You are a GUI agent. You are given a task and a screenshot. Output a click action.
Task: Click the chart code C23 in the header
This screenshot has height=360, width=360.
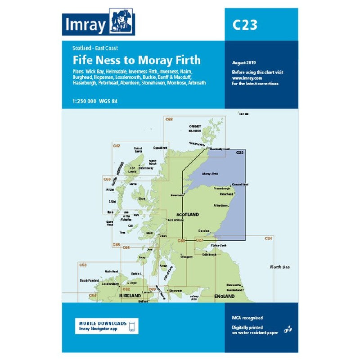coord(245,25)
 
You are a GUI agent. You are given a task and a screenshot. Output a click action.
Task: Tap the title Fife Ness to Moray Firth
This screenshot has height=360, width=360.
coord(137,60)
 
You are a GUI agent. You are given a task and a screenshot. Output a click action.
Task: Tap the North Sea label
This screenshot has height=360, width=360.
coord(279,267)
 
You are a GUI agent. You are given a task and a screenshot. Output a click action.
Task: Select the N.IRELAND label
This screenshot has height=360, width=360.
coord(130,296)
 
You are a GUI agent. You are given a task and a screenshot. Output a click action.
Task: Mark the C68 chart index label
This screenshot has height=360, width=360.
coord(169,119)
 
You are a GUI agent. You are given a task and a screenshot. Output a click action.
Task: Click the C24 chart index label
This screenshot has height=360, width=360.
coord(268,238)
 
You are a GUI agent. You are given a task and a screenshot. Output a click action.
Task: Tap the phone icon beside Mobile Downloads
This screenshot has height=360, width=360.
coord(132,325)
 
